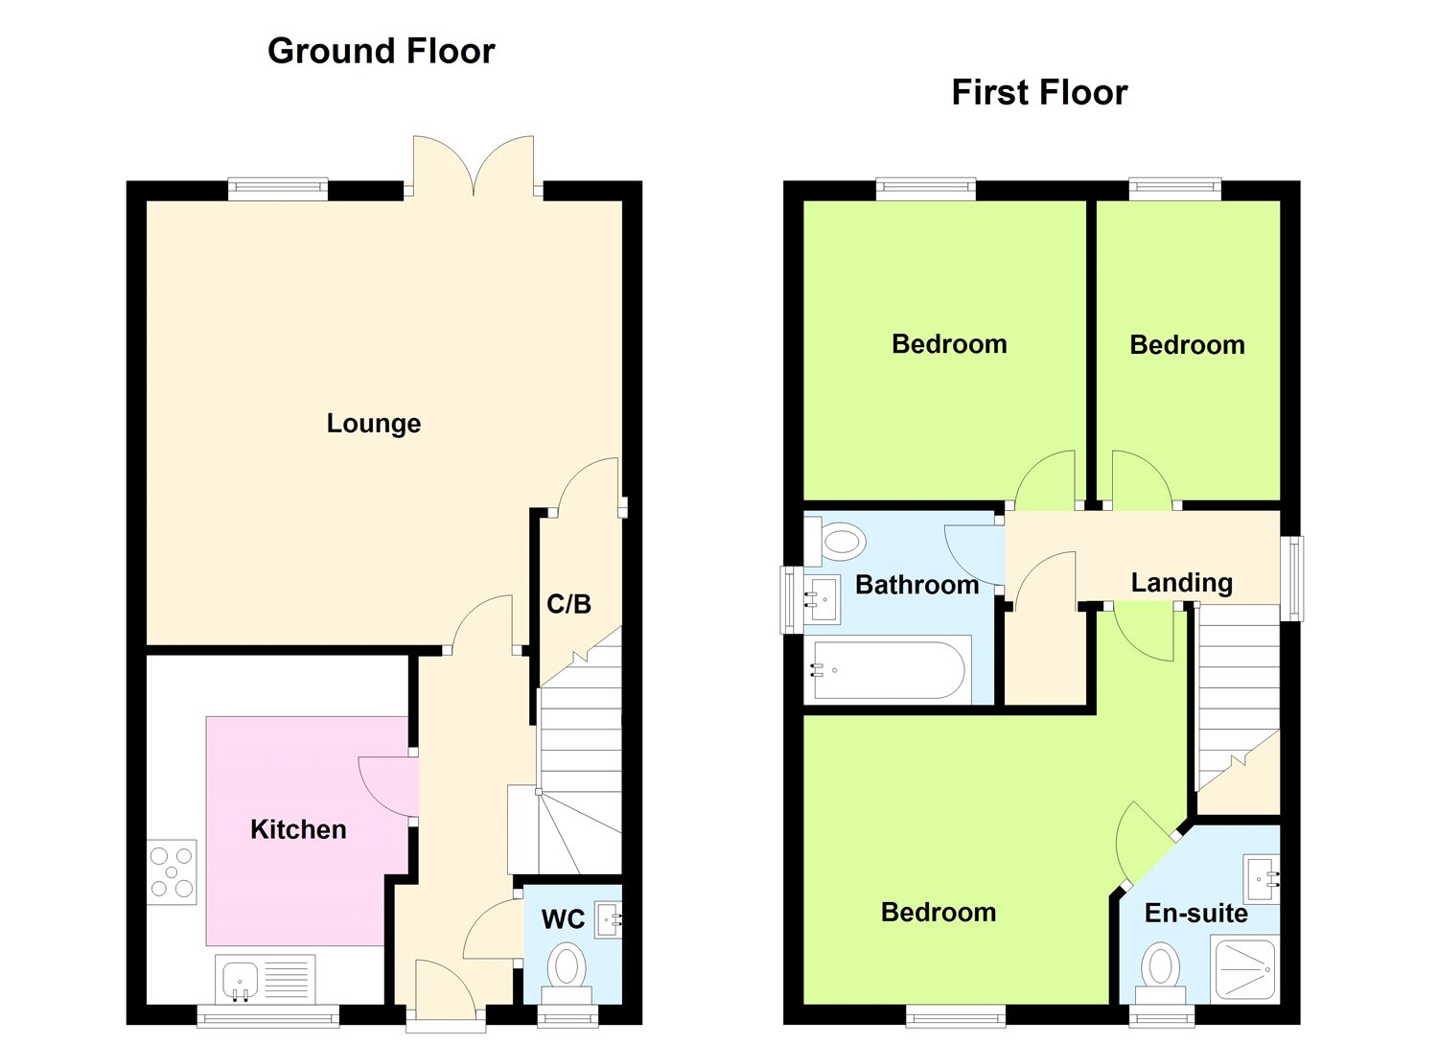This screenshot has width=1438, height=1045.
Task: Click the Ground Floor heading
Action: [x=382, y=51]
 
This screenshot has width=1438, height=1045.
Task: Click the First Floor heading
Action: [x=1039, y=92]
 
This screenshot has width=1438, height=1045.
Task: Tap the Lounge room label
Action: [x=374, y=424]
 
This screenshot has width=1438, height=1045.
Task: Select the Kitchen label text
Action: [x=298, y=829]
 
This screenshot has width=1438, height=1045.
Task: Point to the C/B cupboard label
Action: [x=568, y=603]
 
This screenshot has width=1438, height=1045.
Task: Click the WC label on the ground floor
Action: [x=563, y=919]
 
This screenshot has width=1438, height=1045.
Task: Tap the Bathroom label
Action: [x=916, y=585]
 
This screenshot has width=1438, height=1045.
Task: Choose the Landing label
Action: [x=1181, y=583]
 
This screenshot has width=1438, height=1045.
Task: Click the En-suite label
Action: [x=1196, y=913]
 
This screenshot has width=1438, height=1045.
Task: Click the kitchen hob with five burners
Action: [x=172, y=872]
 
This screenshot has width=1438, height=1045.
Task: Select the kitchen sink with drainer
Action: [x=266, y=978]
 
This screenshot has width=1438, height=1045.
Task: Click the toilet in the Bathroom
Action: [x=836, y=541]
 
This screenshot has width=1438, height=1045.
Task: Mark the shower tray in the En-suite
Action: [x=1244, y=968]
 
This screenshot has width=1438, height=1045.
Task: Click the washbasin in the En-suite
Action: [x=1263, y=879]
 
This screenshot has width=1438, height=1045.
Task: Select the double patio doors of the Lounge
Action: [x=474, y=166]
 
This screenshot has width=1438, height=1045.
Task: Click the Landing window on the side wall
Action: [x=1292, y=578]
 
